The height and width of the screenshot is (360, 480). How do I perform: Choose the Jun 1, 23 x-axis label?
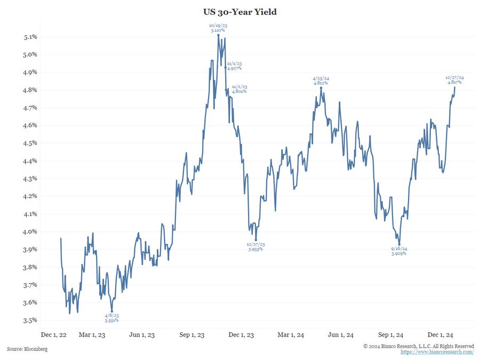click(142, 335)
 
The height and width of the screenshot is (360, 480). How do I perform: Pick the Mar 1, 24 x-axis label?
click(291, 335)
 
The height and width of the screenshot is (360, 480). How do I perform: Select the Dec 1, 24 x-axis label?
click(441, 335)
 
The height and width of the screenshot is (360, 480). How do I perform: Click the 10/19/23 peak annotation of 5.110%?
click(218, 28)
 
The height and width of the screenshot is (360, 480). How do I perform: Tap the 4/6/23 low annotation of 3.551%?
click(111, 318)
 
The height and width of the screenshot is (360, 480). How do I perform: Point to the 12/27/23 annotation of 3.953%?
click(255, 247)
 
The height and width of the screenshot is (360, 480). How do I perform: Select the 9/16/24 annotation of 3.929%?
click(399, 251)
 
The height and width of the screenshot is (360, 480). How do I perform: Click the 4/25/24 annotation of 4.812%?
click(321, 81)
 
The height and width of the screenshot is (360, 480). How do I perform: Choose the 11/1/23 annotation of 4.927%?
click(234, 66)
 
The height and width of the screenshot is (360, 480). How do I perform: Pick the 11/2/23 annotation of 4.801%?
click(239, 89)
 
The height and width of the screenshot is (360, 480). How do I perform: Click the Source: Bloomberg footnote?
click(27, 349)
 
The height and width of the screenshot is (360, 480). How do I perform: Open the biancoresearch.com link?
click(437, 352)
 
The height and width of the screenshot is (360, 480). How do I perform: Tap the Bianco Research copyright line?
click(418, 346)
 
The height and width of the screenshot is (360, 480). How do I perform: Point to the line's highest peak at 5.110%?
click(218, 35)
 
